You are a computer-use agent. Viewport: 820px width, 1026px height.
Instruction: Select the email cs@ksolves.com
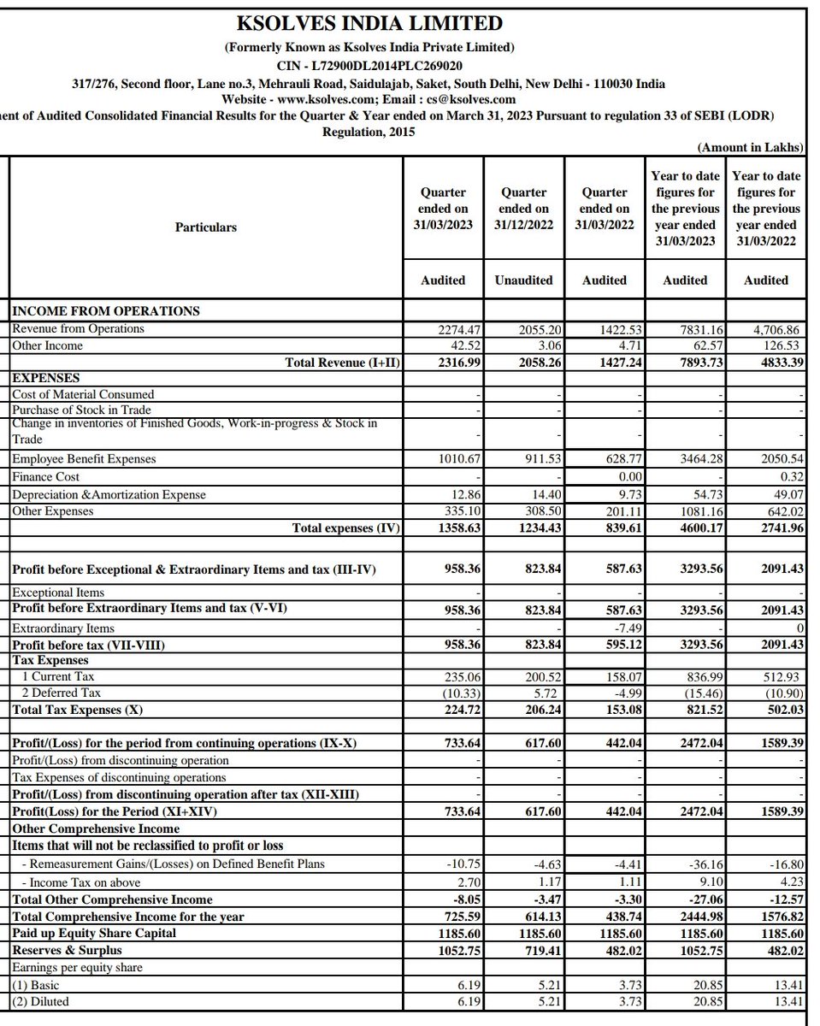[459, 99]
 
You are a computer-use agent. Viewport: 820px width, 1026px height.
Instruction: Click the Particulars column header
[206, 227]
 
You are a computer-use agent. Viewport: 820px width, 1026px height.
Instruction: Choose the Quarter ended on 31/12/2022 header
[524, 209]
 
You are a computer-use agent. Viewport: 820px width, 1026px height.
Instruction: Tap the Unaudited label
[524, 280]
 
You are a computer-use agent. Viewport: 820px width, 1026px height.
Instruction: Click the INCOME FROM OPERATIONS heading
[105, 311]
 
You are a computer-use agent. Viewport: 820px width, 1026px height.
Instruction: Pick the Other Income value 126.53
[780, 346]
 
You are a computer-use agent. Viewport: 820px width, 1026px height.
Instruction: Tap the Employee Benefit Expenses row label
[83, 459]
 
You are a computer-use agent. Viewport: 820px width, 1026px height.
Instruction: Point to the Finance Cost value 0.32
[791, 477]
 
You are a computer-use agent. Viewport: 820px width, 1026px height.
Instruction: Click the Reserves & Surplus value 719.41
[539, 950]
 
